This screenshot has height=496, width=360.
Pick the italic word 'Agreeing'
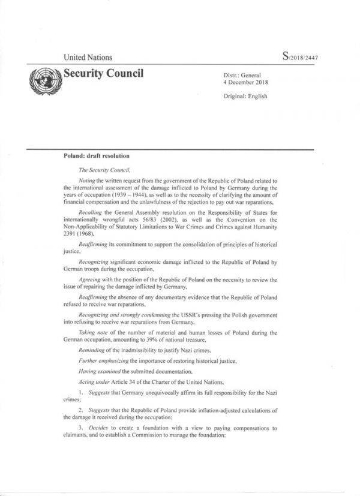click(x=90, y=281)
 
